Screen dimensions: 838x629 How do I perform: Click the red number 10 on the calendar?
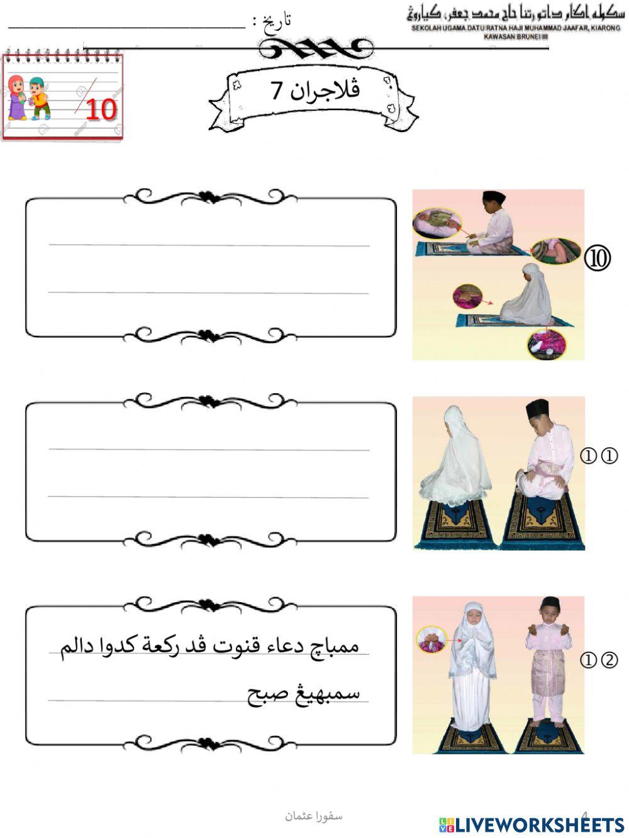tap(101, 108)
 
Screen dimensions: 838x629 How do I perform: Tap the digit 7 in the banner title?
tap(277, 90)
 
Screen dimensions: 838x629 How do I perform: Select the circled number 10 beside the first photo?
tap(597, 258)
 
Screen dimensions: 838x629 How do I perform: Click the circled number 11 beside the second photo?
tap(598, 455)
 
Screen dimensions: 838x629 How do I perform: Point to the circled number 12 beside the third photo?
tap(598, 660)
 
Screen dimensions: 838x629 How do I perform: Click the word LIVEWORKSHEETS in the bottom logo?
tap(540, 825)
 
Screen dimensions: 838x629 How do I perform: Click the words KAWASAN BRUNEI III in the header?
tap(516, 36)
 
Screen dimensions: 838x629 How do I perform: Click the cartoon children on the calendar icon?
tap(28, 98)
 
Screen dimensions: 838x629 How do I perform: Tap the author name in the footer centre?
tap(313, 816)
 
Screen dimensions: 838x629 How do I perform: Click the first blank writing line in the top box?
tap(209, 244)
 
